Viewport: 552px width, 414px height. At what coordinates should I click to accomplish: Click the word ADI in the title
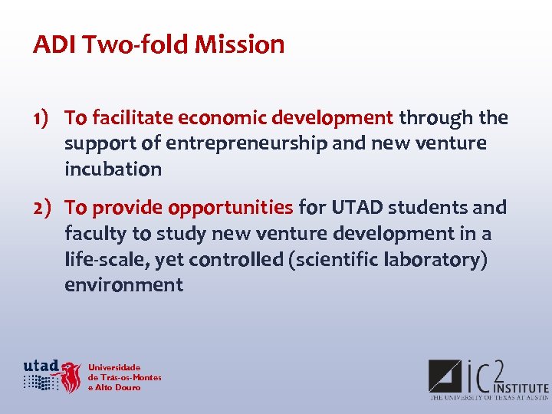[54, 44]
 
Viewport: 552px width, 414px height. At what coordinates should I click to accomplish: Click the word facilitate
[133, 118]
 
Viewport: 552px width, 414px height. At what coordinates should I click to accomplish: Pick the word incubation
[113, 169]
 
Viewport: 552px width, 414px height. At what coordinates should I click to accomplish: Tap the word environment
[123, 285]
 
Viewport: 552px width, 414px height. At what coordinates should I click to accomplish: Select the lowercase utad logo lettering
[41, 365]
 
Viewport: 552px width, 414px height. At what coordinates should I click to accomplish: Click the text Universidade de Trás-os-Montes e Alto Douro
[124, 377]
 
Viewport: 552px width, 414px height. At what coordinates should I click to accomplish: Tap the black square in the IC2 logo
[445, 376]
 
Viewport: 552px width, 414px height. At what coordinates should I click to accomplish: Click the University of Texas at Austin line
[488, 398]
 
